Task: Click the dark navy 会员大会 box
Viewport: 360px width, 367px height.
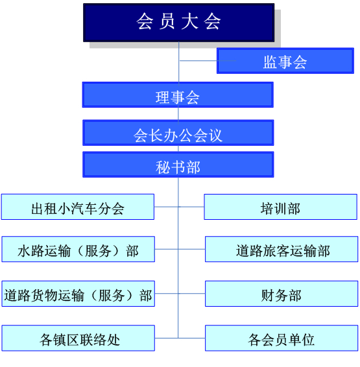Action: [x=179, y=23]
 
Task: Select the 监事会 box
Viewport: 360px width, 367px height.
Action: [x=285, y=61]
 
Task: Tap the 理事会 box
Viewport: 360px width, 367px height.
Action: [x=178, y=95]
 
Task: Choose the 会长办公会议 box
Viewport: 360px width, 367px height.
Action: [x=178, y=133]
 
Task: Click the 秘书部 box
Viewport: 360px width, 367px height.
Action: [x=178, y=165]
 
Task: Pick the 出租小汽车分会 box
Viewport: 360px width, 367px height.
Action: [x=78, y=207]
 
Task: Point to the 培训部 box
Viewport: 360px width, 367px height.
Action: [x=281, y=207]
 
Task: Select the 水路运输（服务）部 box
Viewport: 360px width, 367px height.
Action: [x=78, y=249]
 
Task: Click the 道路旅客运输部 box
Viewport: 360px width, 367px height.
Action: [x=282, y=249]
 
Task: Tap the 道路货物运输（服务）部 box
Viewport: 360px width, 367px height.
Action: [x=78, y=294]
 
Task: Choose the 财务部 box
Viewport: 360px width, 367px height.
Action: [x=282, y=294]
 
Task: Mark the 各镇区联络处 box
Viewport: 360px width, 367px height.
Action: [x=78, y=338]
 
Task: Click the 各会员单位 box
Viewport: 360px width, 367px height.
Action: [x=282, y=338]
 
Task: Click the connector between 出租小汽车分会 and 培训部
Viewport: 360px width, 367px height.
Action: [x=179, y=207]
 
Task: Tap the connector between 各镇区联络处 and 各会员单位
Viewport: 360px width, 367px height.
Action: [x=180, y=338]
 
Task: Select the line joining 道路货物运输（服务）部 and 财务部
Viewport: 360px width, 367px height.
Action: [x=180, y=294]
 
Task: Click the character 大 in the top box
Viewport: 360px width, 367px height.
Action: [x=189, y=21]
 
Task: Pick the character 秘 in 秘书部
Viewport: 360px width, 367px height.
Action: [x=163, y=167]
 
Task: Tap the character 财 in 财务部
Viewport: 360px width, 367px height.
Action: [x=267, y=296]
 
